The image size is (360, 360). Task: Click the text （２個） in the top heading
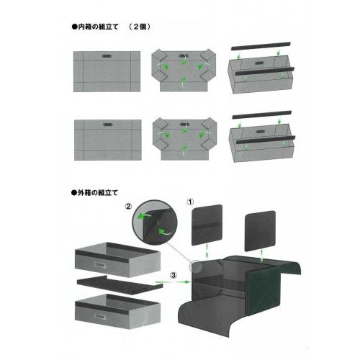(x=140, y=27)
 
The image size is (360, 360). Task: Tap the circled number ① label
(x=190, y=202)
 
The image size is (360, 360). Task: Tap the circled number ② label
(x=128, y=207)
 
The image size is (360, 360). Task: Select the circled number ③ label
(x=174, y=275)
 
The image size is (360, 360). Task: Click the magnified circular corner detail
(x=155, y=222)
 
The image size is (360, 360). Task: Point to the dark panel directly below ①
(x=207, y=225)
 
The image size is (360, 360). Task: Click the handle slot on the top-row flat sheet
(x=107, y=56)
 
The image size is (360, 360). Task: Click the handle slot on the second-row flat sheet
(x=108, y=125)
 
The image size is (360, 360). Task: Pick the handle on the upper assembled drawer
(x=99, y=265)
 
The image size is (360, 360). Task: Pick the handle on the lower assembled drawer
(x=100, y=316)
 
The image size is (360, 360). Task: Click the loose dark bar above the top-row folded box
(x=261, y=46)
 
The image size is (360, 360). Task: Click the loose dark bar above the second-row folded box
(x=262, y=114)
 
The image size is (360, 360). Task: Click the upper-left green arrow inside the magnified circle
(x=144, y=216)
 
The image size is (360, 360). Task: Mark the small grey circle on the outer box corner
(x=196, y=266)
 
